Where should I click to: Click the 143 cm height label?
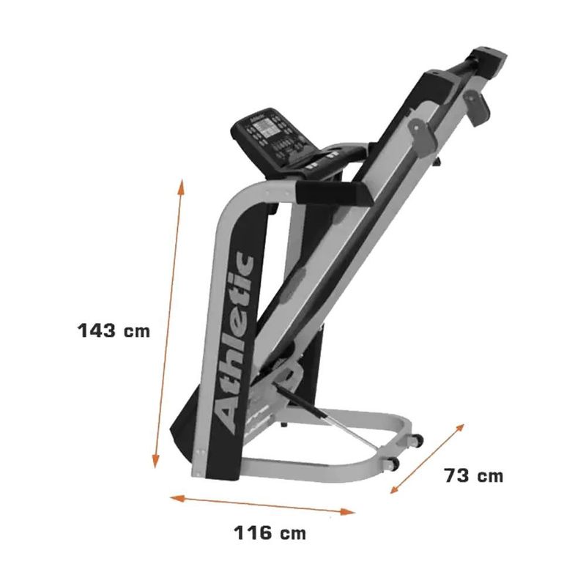point(114,330)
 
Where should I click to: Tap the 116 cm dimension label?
point(270,533)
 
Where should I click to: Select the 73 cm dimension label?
point(474,475)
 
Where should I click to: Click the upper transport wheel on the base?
point(418,440)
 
